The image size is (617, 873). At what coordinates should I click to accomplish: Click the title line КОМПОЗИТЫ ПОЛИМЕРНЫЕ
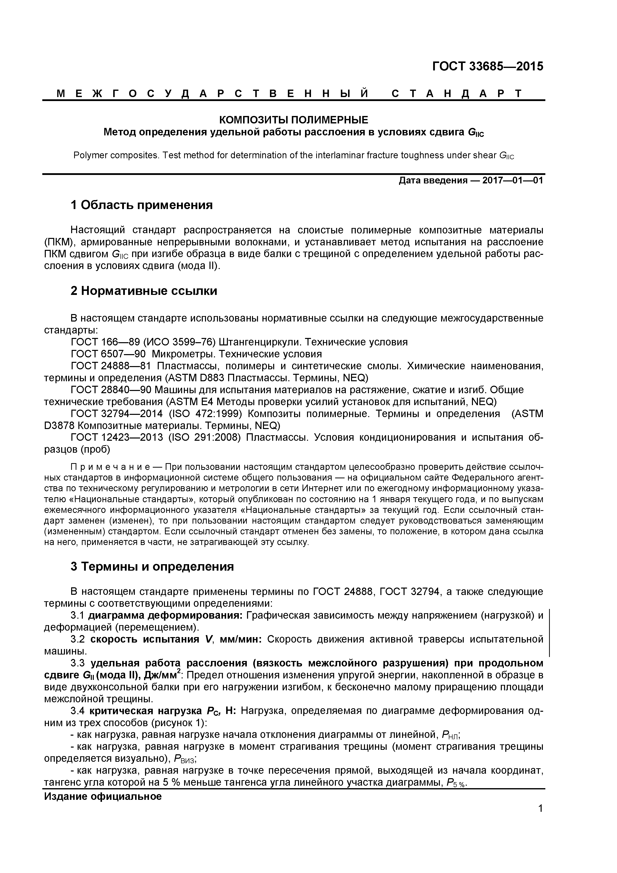pos(294,120)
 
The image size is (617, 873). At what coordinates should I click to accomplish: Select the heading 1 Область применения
pos(141,205)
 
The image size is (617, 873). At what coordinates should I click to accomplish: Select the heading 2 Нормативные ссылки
pos(144,291)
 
